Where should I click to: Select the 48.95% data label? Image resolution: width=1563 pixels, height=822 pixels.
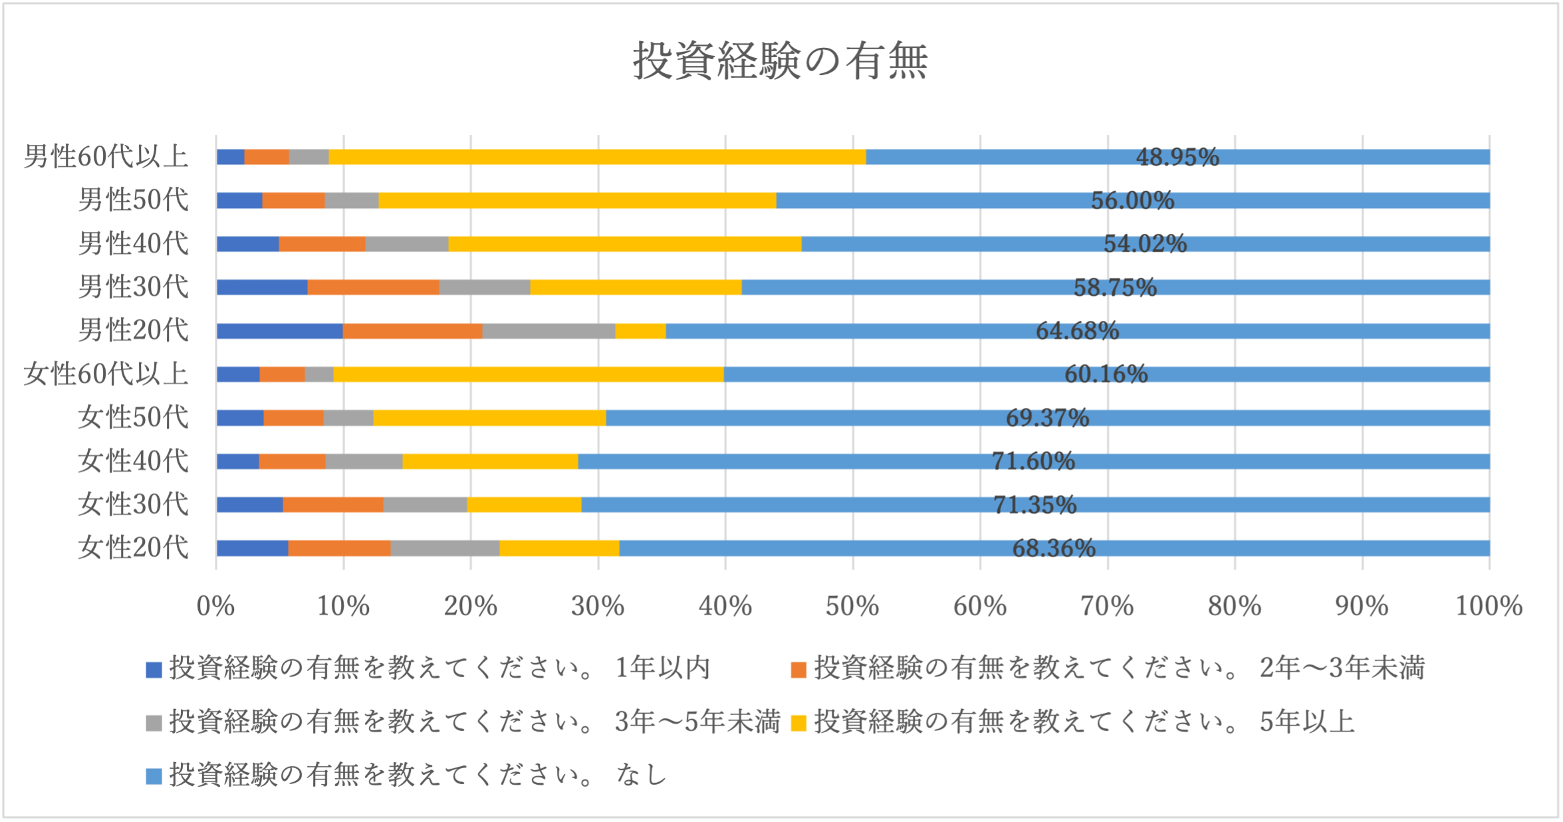(1177, 157)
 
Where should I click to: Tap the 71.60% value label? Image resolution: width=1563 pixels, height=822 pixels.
(1033, 461)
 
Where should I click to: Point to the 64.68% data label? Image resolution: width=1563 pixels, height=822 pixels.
(1077, 331)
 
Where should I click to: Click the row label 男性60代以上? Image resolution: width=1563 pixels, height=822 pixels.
(106, 157)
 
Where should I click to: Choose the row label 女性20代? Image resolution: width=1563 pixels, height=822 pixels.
(134, 548)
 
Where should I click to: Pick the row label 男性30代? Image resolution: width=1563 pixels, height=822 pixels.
(134, 287)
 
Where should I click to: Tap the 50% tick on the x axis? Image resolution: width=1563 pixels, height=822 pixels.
(852, 606)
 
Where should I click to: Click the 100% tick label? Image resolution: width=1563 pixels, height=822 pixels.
(1489, 606)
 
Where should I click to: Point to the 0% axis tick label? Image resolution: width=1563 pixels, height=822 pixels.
(215, 606)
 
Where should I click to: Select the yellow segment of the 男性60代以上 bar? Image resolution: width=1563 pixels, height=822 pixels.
(597, 157)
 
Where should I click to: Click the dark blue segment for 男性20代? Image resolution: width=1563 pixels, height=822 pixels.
(279, 331)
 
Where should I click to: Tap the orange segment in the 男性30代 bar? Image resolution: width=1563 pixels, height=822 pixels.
(373, 287)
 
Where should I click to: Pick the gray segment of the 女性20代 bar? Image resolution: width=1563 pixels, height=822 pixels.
(445, 548)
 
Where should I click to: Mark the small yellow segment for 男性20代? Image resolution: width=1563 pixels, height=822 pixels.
(640, 331)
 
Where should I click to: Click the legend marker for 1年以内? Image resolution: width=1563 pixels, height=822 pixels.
(154, 669)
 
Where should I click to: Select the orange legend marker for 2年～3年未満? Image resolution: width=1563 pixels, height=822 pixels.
(798, 669)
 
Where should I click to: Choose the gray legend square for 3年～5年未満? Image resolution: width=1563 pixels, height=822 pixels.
(154, 723)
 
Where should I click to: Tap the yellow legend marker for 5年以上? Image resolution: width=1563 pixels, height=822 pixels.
(798, 723)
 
